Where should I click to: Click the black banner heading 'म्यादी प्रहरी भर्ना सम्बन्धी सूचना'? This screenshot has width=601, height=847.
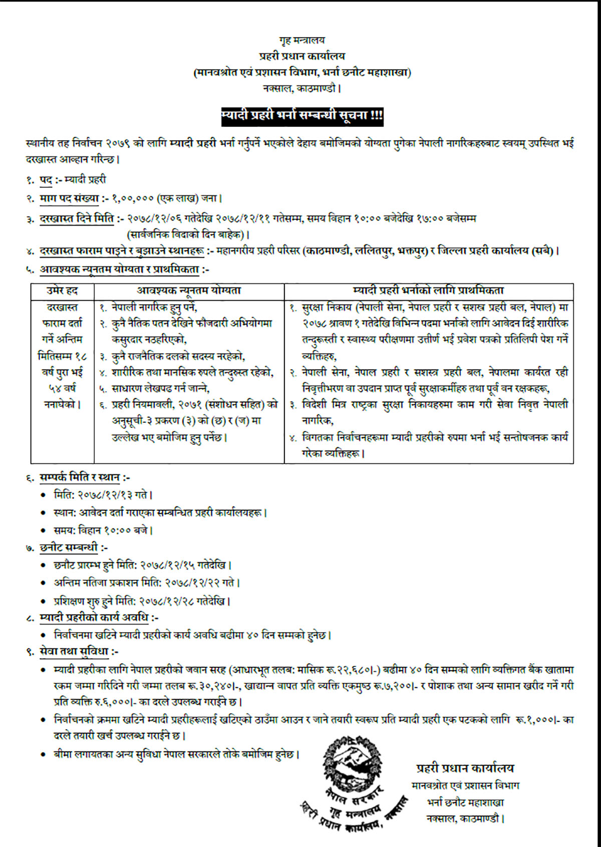(302, 116)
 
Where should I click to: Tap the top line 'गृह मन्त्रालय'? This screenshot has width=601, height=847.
(302, 40)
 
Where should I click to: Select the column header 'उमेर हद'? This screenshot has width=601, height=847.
(62, 291)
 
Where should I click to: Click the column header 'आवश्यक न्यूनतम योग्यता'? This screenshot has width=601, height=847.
(189, 291)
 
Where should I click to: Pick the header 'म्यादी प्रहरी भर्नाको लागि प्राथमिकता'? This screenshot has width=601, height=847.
(429, 291)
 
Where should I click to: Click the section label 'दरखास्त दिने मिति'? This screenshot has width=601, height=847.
(77, 218)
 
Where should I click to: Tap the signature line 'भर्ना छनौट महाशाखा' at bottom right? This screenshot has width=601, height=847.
(465, 802)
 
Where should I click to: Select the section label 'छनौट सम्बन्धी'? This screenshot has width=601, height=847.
(69, 548)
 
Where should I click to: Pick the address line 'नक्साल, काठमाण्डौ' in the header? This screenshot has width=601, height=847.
(302, 89)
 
